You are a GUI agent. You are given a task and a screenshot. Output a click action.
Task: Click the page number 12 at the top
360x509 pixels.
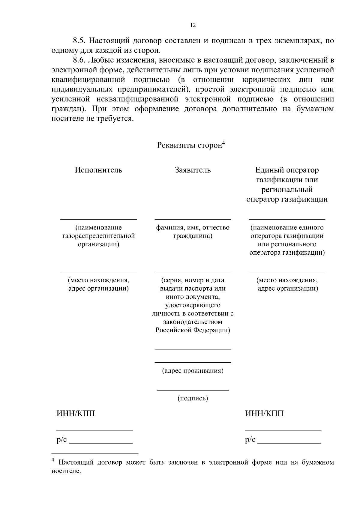pos(193,25)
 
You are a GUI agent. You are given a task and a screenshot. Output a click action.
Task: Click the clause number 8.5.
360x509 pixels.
pos(80,41)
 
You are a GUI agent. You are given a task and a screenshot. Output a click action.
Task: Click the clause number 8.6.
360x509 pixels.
pos(80,60)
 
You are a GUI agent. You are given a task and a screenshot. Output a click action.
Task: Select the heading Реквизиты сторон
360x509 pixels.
pos(189,145)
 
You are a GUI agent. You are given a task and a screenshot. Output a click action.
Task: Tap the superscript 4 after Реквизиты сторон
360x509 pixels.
pos(223,143)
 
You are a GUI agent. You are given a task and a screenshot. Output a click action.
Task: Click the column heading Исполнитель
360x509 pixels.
pos(98,170)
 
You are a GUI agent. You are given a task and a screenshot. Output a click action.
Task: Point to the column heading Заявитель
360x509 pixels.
pos(193,170)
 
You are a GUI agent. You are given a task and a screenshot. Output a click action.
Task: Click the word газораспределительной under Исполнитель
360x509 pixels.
pos(98,236)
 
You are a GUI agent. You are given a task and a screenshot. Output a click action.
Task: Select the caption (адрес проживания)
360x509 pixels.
pos(193,371)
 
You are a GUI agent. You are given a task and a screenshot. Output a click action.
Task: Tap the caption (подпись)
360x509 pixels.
pos(193,398)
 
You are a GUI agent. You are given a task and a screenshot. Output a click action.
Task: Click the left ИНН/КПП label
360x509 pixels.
pos(76,414)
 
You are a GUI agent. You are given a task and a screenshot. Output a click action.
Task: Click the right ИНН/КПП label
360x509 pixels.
pos(264,414)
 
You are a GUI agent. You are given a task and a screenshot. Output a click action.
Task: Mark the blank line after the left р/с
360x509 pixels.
pos(101,443)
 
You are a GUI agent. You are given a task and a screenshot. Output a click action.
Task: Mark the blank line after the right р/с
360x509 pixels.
pos(289,443)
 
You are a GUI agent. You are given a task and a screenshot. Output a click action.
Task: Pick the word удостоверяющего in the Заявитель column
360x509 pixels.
pos(193,305)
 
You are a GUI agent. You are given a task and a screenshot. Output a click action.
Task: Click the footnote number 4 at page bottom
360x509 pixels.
pos(53,460)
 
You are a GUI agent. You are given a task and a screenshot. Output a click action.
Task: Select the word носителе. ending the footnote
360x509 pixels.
pos(66,471)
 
